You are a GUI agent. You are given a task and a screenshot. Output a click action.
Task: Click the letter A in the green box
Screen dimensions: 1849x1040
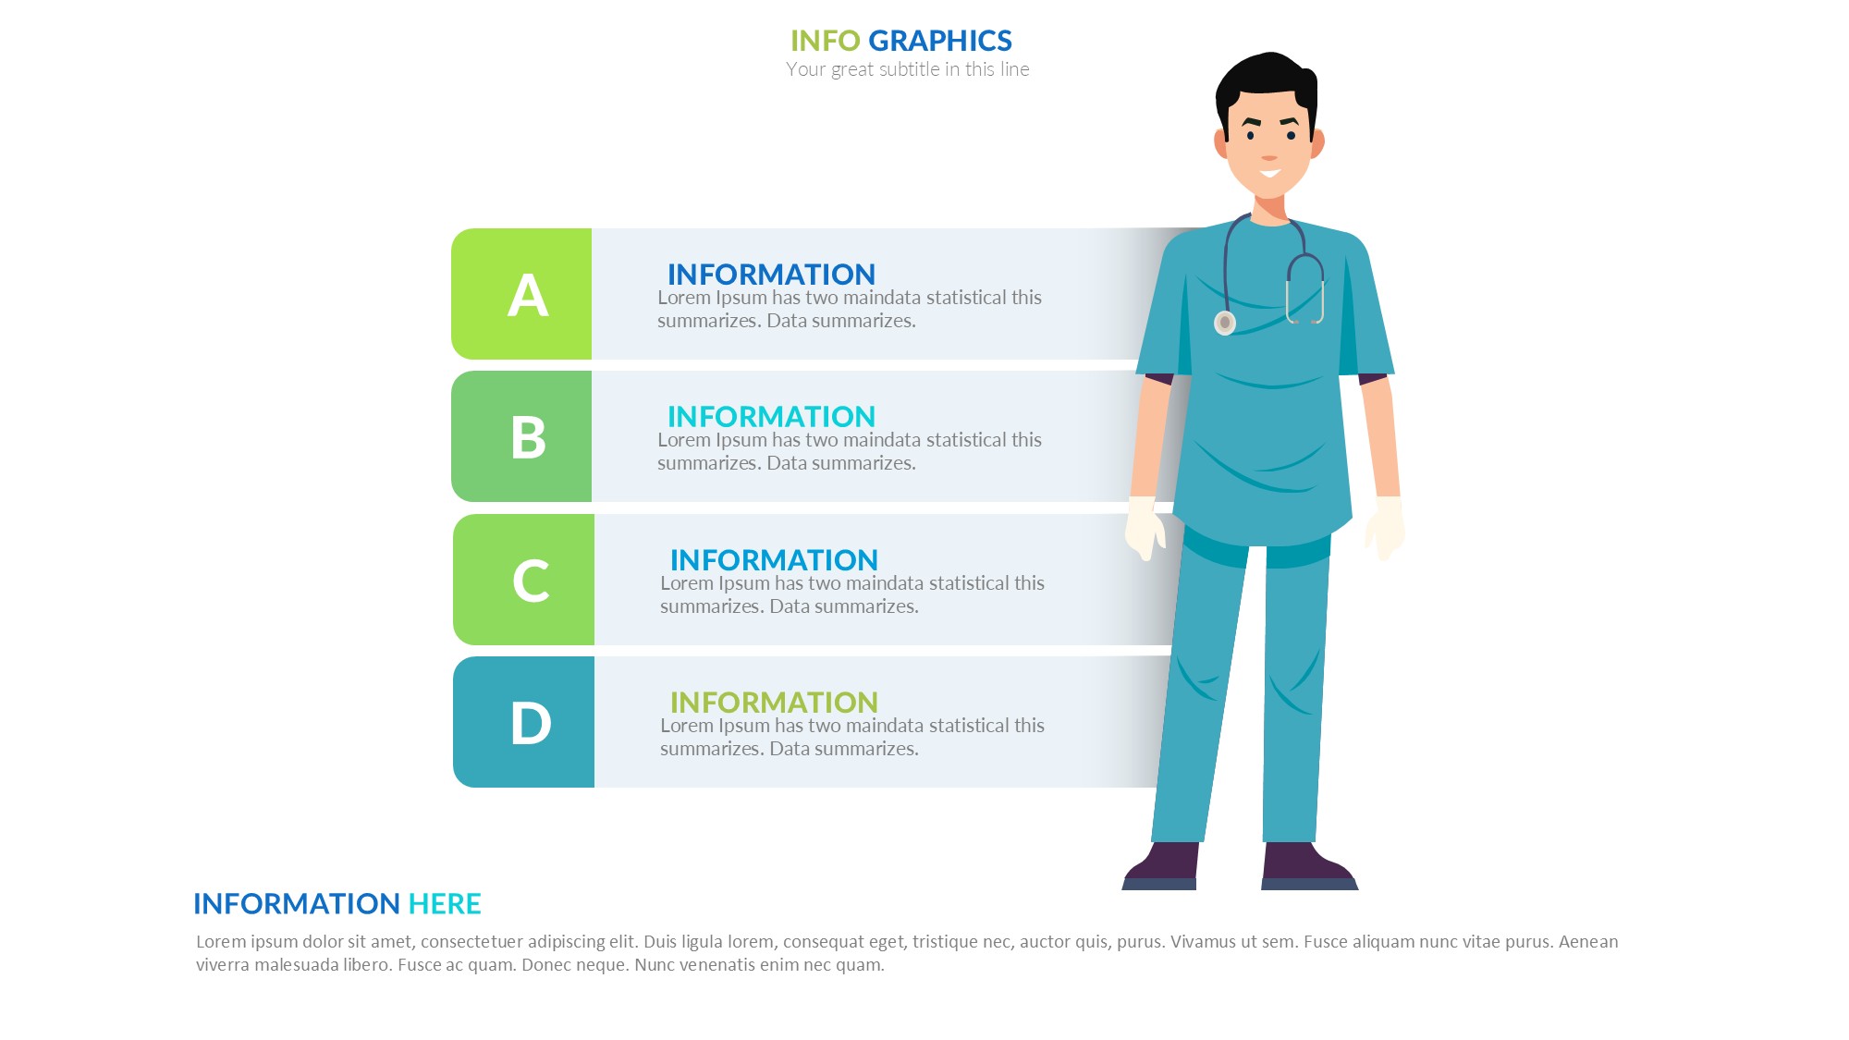point(528,296)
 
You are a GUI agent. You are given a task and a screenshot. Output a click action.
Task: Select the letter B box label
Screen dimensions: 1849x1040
point(529,437)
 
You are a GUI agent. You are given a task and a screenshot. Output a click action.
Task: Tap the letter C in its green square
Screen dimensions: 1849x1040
point(531,581)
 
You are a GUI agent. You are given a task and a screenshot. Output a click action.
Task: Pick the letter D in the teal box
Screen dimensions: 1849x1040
point(531,723)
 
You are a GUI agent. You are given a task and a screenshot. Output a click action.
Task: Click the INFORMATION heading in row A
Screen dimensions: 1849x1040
point(771,275)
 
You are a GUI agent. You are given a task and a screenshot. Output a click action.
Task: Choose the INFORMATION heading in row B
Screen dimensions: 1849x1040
point(771,417)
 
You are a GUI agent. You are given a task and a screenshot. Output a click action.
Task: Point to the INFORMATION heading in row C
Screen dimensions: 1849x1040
point(774,560)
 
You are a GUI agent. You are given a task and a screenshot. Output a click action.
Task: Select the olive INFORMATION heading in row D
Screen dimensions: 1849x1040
point(774,703)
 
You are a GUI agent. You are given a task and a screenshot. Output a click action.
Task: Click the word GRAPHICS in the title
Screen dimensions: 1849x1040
point(940,41)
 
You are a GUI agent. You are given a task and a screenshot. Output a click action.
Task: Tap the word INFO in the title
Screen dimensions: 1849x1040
point(826,41)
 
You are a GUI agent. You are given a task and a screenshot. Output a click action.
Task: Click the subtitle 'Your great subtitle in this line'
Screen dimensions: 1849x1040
point(908,69)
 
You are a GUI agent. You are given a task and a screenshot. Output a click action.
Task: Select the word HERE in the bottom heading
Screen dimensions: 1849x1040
point(445,903)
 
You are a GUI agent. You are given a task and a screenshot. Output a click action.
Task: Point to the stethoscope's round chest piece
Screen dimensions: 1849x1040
point(1225,323)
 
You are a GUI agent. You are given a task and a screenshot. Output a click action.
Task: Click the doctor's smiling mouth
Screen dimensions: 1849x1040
point(1269,173)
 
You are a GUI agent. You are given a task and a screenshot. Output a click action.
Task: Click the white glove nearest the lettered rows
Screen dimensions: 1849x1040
point(1145,528)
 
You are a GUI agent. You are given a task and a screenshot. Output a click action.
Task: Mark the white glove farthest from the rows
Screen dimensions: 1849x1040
point(1385,528)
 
